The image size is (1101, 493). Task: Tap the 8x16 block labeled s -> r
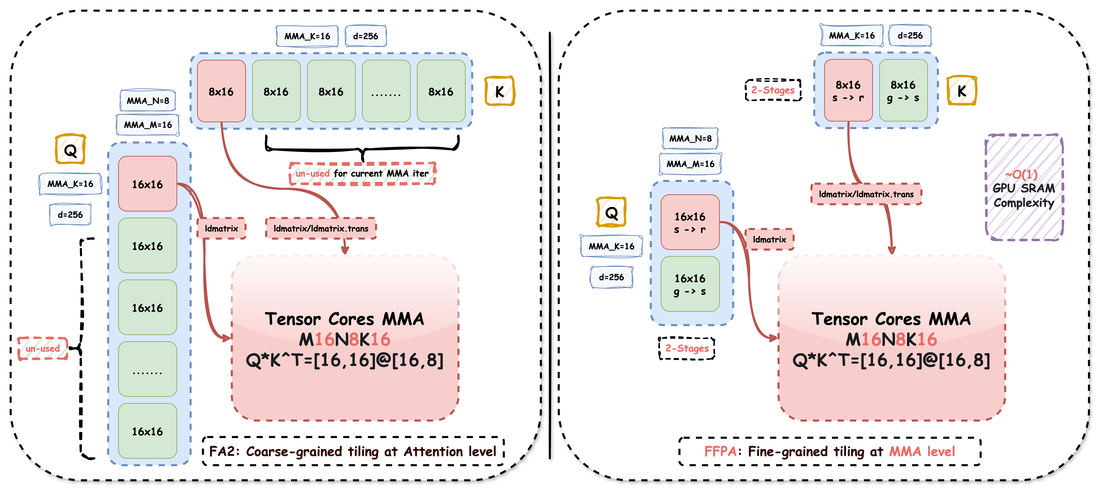tap(848, 91)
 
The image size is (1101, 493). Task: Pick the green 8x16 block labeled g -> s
tap(903, 91)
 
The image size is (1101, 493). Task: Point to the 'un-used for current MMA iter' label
tap(362, 173)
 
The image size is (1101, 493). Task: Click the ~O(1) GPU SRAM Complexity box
tap(1024, 188)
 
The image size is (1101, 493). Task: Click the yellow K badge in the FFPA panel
tap(962, 91)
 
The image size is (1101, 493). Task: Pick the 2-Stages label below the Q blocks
tap(686, 348)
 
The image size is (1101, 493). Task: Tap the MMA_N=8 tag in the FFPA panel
tap(690, 138)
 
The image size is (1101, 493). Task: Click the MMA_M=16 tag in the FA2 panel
tap(148, 125)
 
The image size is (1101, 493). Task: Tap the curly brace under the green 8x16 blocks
tap(362, 147)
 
